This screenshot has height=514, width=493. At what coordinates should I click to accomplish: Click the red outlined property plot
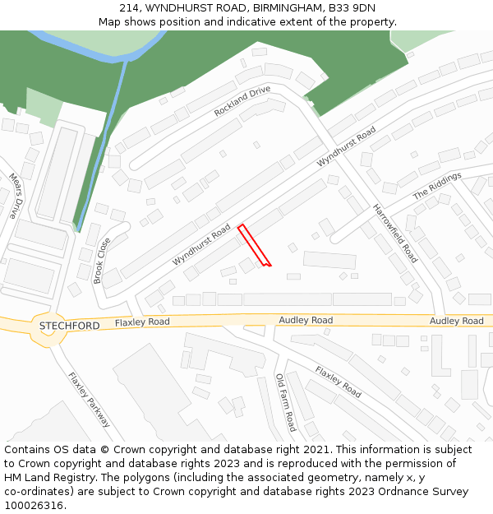(x=254, y=245)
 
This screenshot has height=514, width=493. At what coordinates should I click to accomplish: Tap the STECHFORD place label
(x=70, y=326)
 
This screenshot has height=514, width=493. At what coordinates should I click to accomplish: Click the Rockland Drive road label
(x=242, y=101)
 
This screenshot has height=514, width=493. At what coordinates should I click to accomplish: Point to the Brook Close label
(x=103, y=261)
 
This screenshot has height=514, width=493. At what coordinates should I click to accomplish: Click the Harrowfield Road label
(x=395, y=234)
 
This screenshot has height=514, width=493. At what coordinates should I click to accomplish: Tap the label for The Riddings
(x=437, y=186)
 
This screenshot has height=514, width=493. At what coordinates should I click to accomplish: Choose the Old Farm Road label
(x=285, y=403)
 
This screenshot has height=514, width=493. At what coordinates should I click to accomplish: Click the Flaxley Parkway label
(x=89, y=400)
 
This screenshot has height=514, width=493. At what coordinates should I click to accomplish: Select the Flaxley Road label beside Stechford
(x=142, y=322)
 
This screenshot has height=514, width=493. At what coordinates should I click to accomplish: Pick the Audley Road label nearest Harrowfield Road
(x=306, y=320)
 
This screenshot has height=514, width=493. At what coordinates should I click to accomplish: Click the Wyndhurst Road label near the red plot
(x=201, y=247)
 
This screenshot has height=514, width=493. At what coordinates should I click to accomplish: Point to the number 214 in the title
(x=130, y=8)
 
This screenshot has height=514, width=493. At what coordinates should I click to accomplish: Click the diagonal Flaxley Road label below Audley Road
(x=338, y=382)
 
